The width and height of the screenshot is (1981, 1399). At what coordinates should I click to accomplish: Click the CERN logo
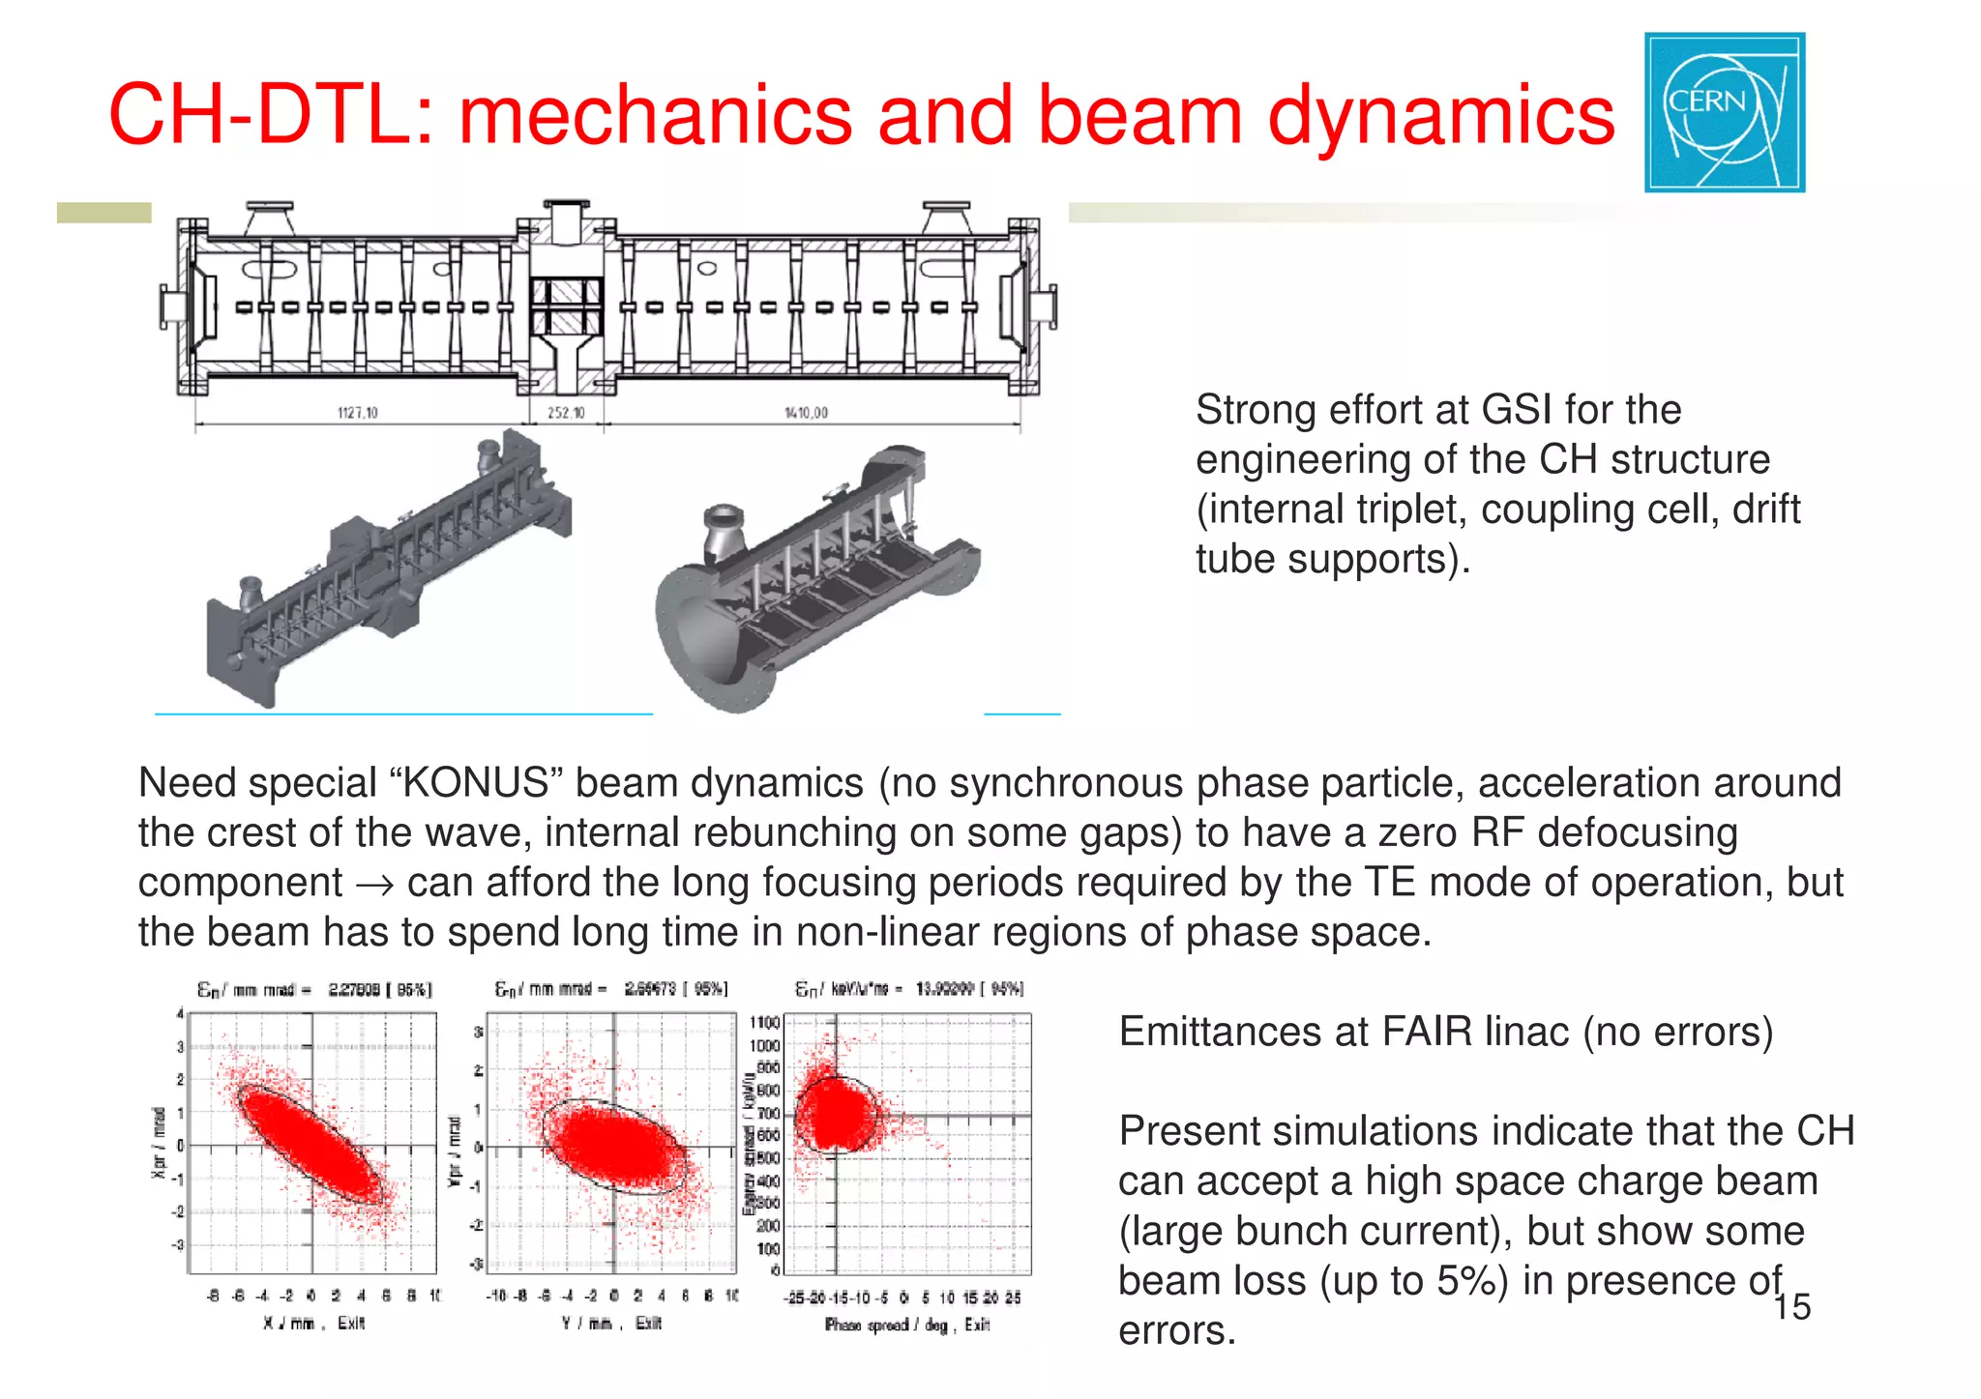pos(1724,112)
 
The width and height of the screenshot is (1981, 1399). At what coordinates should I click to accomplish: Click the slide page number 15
pos(1791,1307)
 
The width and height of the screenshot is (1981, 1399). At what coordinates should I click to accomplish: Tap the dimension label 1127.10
pos(357,413)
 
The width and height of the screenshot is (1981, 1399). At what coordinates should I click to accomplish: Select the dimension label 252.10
pos(566,413)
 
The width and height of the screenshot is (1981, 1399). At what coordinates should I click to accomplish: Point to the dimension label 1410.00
pos(806,413)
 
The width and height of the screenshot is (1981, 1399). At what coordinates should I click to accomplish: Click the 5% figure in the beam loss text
pos(1462,1281)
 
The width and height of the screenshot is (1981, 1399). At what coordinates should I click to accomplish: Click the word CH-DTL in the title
pos(271,116)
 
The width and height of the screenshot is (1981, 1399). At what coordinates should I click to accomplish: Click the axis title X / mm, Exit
pos(313,1323)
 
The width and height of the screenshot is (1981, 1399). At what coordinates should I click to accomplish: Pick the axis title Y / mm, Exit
pos(611,1323)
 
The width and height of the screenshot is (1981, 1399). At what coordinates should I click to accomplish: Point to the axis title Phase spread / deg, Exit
pos(906,1325)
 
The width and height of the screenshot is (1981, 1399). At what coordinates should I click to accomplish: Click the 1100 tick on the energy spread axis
pos(764,1023)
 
